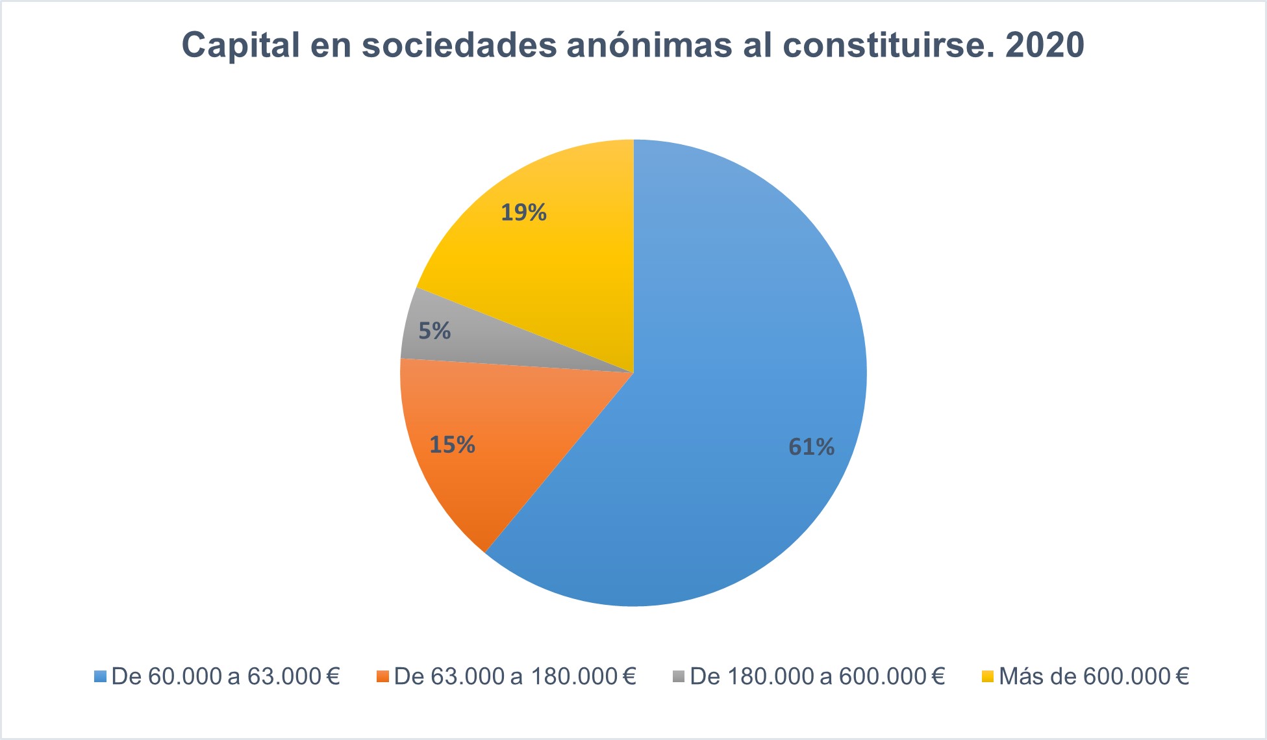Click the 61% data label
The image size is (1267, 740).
pos(811,447)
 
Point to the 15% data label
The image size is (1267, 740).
pos(452,444)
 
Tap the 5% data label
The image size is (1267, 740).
pos(434,331)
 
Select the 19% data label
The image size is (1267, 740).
pos(523,212)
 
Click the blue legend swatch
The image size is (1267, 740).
pos(100,676)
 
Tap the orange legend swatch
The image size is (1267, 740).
pos(383,676)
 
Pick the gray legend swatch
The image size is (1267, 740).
pos(679,676)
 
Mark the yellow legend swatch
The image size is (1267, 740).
pos(987,676)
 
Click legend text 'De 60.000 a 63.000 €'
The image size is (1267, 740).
pos(226,676)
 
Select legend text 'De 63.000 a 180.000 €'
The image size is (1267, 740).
pos(515,676)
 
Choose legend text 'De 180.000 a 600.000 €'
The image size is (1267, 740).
pos(817,676)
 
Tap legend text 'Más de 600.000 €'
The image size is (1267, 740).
pos(1094,676)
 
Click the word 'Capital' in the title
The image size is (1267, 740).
pos(240,45)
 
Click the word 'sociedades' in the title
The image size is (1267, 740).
pos(458,45)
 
